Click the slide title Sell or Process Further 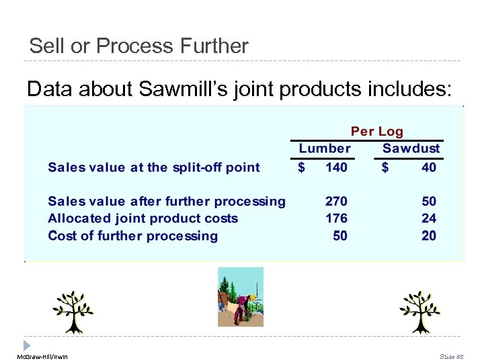[138, 46]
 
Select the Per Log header [376, 131]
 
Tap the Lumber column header [325, 149]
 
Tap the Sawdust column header [411, 149]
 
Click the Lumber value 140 [336, 167]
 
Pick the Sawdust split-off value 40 [428, 167]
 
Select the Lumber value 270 [336, 201]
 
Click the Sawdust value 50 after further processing [428, 201]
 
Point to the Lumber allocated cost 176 [336, 218]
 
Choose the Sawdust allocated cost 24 [428, 218]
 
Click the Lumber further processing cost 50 [340, 236]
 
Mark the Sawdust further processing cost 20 [428, 236]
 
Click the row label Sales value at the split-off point [154, 167]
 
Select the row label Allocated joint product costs [143, 218]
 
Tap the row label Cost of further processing [133, 236]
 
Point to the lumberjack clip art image [240, 296]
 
